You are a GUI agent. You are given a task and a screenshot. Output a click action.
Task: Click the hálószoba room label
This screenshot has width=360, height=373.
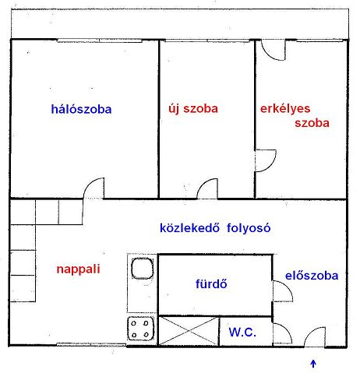(x=81, y=109)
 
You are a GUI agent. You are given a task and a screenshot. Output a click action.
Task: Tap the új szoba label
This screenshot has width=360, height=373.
(x=193, y=109)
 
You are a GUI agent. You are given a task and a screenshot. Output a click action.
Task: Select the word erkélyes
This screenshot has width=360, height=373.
(x=285, y=109)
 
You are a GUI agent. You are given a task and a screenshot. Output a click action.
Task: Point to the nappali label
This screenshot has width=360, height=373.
(x=78, y=269)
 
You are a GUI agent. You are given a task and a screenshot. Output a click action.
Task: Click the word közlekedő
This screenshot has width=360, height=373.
(x=189, y=227)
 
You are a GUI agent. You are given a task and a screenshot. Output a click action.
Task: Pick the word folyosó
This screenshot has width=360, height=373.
(x=249, y=228)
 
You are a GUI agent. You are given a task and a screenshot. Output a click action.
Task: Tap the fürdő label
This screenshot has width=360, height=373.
(x=211, y=283)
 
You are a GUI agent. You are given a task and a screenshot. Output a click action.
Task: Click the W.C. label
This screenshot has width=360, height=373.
(x=242, y=332)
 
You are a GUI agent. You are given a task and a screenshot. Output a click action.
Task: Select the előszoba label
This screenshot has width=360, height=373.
(x=312, y=276)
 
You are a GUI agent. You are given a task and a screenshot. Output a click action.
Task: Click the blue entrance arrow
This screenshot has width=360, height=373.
(x=313, y=364)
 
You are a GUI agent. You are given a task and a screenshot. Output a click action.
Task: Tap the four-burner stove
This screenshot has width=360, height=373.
(x=140, y=329)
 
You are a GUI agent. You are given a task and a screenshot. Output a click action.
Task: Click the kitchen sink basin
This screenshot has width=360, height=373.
(x=143, y=268)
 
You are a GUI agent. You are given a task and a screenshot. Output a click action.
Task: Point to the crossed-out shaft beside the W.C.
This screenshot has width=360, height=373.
(x=189, y=331)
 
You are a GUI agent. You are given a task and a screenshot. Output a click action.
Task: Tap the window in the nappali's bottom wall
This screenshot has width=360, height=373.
(x=91, y=344)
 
